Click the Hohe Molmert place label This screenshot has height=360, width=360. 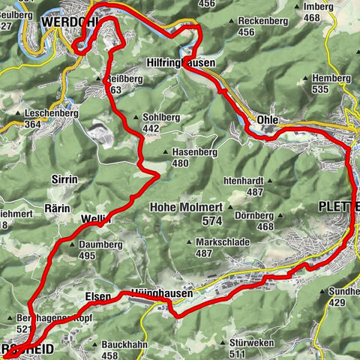(183, 207)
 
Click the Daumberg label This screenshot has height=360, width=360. (96, 244)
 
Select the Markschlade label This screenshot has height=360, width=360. (224, 242)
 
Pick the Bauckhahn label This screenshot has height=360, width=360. (121, 344)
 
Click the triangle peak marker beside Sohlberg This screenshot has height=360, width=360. (134, 117)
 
